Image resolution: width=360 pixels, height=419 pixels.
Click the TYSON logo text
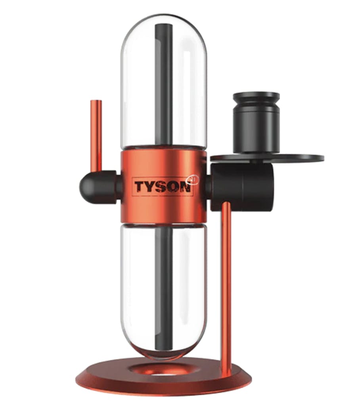[x=163, y=186]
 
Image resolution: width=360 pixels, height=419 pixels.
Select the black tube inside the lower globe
[x=164, y=288]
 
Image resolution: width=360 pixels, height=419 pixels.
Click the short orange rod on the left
[x=96, y=136]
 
